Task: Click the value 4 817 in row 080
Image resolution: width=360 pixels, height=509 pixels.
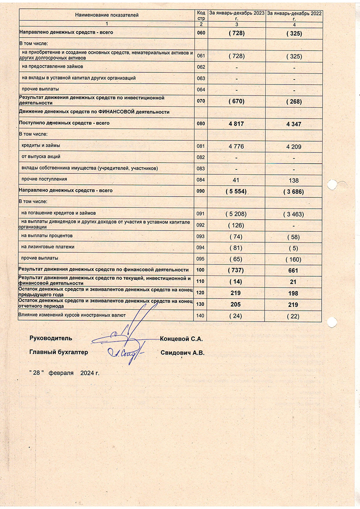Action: tap(236, 124)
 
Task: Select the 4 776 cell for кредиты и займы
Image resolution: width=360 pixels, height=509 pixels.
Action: tap(236, 146)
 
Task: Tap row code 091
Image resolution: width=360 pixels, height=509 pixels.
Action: tap(200, 214)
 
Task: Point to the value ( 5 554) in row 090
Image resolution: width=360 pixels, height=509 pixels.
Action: tap(236, 191)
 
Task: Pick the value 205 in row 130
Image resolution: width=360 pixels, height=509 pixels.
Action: tap(236, 305)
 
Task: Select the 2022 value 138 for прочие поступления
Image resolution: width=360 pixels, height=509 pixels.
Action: tap(294, 180)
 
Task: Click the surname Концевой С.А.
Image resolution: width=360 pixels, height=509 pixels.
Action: tap(182, 339)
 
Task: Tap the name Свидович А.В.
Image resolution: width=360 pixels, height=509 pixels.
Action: tap(182, 353)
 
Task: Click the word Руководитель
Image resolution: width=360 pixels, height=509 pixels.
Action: tap(51, 338)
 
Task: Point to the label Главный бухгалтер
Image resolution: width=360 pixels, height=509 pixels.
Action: tap(58, 352)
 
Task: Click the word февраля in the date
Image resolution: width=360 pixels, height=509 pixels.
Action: tap(61, 373)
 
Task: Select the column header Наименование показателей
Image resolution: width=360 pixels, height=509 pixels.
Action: tap(107, 15)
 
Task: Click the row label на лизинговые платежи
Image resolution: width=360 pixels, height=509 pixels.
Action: tap(48, 247)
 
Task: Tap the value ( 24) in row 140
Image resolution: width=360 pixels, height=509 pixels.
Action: tap(236, 316)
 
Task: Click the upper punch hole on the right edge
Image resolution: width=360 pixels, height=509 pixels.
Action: tap(332, 184)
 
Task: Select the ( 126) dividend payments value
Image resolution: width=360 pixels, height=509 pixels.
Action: tap(236, 225)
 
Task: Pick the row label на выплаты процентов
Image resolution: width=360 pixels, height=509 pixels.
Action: tap(47, 236)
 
